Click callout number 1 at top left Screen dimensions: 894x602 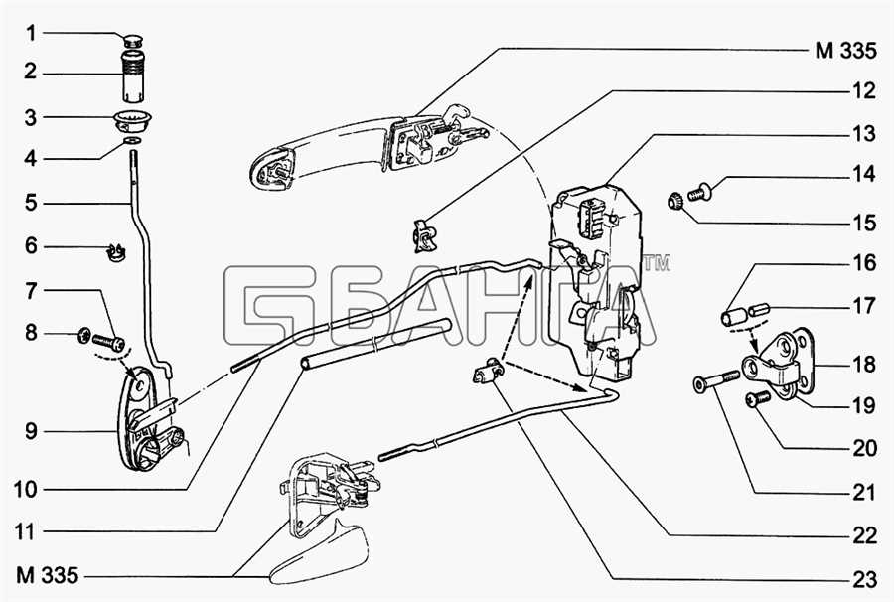[x=30, y=33]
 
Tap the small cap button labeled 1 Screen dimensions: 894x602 [x=133, y=40]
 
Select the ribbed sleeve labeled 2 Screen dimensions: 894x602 [x=133, y=75]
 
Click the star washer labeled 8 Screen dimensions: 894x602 [x=83, y=334]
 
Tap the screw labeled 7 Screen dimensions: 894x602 [x=108, y=343]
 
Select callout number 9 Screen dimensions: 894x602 [x=30, y=431]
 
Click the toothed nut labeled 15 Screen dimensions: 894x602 [x=675, y=202]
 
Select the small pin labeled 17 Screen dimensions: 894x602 [x=759, y=311]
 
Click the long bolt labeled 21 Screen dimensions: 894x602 [x=716, y=380]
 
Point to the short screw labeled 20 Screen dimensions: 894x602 [x=756, y=399]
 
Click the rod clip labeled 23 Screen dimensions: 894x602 [x=488, y=373]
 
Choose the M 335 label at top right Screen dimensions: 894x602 [x=845, y=51]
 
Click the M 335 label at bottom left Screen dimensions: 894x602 [x=47, y=575]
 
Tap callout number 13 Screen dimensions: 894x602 [x=863, y=134]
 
